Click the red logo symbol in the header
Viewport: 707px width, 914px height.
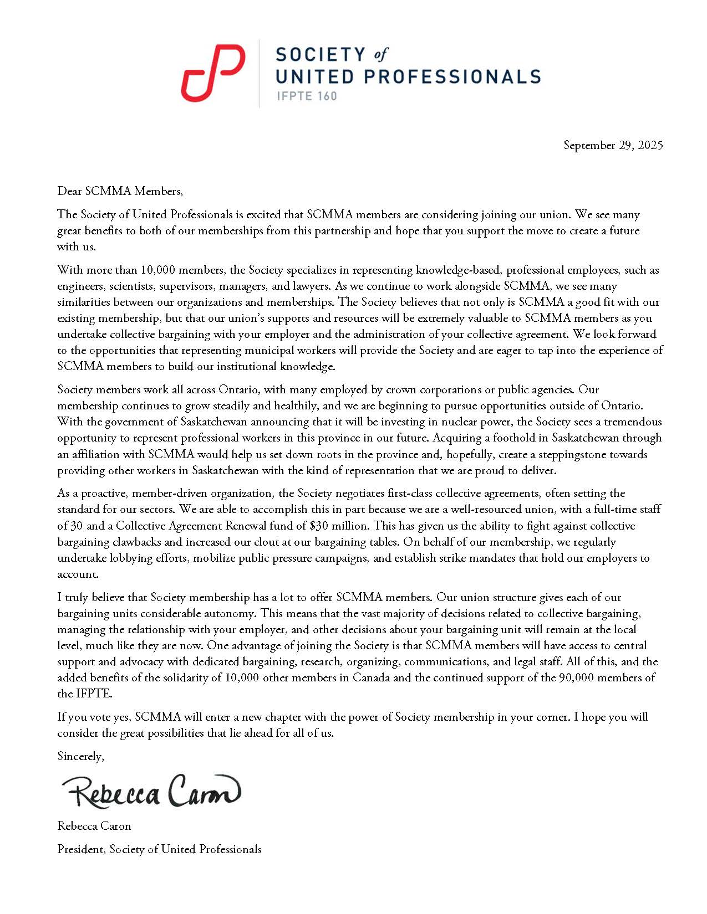coord(213,73)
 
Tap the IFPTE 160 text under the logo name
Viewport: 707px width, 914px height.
coord(307,96)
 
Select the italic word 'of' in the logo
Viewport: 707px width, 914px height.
coord(380,54)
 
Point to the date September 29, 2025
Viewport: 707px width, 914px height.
coord(613,145)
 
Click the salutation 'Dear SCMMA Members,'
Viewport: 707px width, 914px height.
coord(120,191)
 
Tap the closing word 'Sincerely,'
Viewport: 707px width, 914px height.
coord(80,756)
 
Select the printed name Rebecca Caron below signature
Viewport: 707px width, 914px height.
coord(94,826)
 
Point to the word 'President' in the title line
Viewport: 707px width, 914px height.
coord(81,849)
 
